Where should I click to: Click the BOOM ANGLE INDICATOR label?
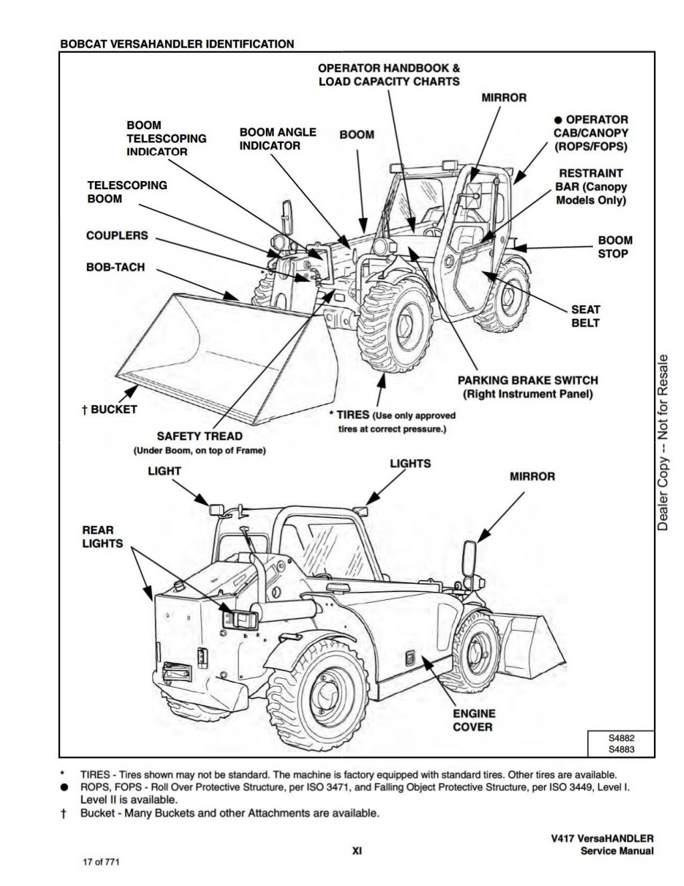[277, 139]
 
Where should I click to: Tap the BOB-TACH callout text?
[115, 267]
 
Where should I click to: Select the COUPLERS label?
[117, 236]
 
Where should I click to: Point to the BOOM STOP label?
[615, 247]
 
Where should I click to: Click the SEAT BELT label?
[585, 316]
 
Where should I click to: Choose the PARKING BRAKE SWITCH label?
[527, 380]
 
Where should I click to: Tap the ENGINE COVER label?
[474, 720]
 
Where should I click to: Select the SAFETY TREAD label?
[199, 436]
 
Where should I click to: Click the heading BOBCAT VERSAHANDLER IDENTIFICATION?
[177, 44]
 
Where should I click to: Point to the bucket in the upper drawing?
[220, 354]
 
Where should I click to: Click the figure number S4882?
[621, 738]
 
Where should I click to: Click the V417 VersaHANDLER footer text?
[607, 839]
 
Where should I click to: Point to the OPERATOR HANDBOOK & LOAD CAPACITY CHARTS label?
[389, 74]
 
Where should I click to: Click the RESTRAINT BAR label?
[590, 186]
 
